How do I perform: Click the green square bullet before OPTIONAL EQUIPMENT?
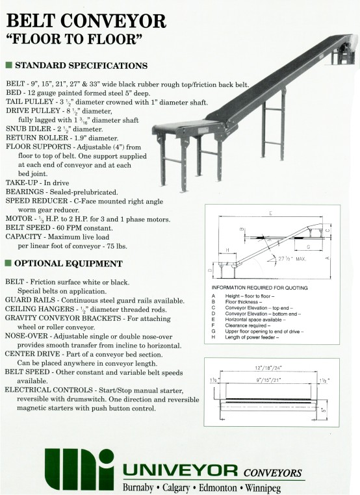pyautogui.click(x=8, y=264)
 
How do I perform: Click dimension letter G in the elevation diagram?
pyautogui.click(x=307, y=247)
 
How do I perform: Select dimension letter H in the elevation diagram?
pyautogui.click(x=226, y=249)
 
